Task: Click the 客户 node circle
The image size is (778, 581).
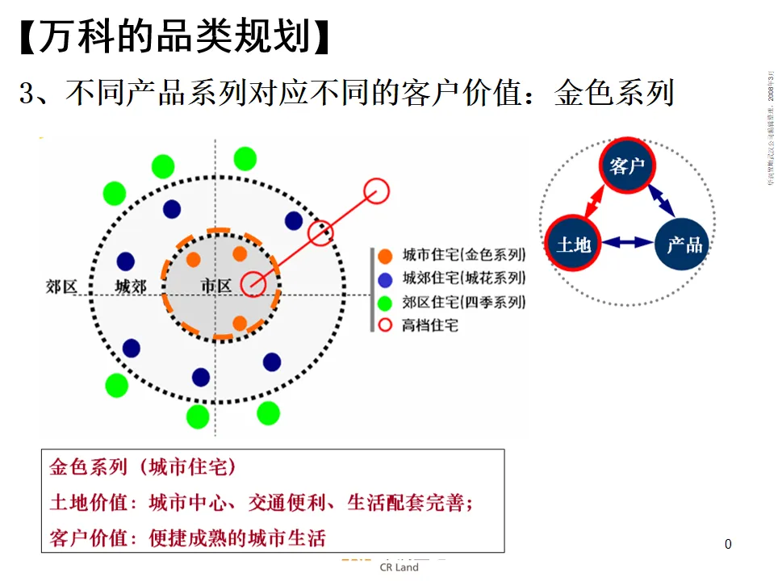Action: click(x=627, y=167)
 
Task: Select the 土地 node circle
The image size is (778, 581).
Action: click(x=573, y=243)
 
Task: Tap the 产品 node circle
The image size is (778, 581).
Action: click(x=683, y=243)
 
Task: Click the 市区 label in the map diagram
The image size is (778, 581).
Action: click(x=215, y=286)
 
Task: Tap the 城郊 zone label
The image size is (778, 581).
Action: click(x=130, y=286)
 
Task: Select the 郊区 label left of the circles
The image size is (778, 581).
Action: click(x=62, y=286)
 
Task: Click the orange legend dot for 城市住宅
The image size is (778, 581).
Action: click(x=386, y=256)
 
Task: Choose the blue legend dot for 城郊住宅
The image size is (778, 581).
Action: click(x=386, y=279)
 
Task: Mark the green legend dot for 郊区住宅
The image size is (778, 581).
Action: click(x=386, y=303)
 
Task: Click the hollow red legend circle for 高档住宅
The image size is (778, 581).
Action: click(x=386, y=325)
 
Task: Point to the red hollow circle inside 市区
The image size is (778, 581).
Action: click(x=253, y=284)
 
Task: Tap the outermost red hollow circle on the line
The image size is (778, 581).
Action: click(x=376, y=192)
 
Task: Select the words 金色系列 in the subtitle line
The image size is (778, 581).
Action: click(x=614, y=94)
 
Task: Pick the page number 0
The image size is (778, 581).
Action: click(x=728, y=544)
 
